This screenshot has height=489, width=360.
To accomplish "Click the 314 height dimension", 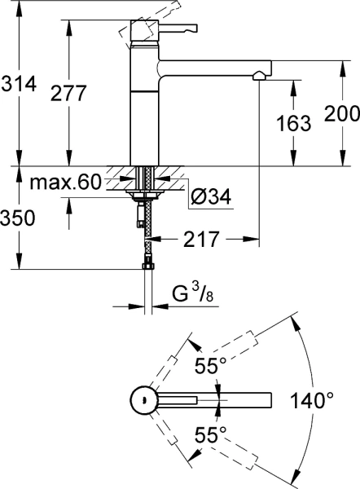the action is click(19, 84).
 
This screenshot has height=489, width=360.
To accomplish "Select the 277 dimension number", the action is click(68, 93).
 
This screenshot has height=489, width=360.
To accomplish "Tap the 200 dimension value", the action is click(342, 113).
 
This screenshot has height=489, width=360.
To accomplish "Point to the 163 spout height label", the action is click(293, 123).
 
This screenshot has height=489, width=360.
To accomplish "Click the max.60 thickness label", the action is click(66, 182).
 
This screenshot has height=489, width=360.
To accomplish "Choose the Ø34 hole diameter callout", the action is click(211, 196).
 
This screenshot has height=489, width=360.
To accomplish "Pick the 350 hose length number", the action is click(17, 218).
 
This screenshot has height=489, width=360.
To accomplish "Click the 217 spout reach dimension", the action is click(201, 239).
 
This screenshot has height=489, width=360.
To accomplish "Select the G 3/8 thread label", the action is click(193, 293).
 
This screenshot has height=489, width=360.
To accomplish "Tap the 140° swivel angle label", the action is click(312, 400).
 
